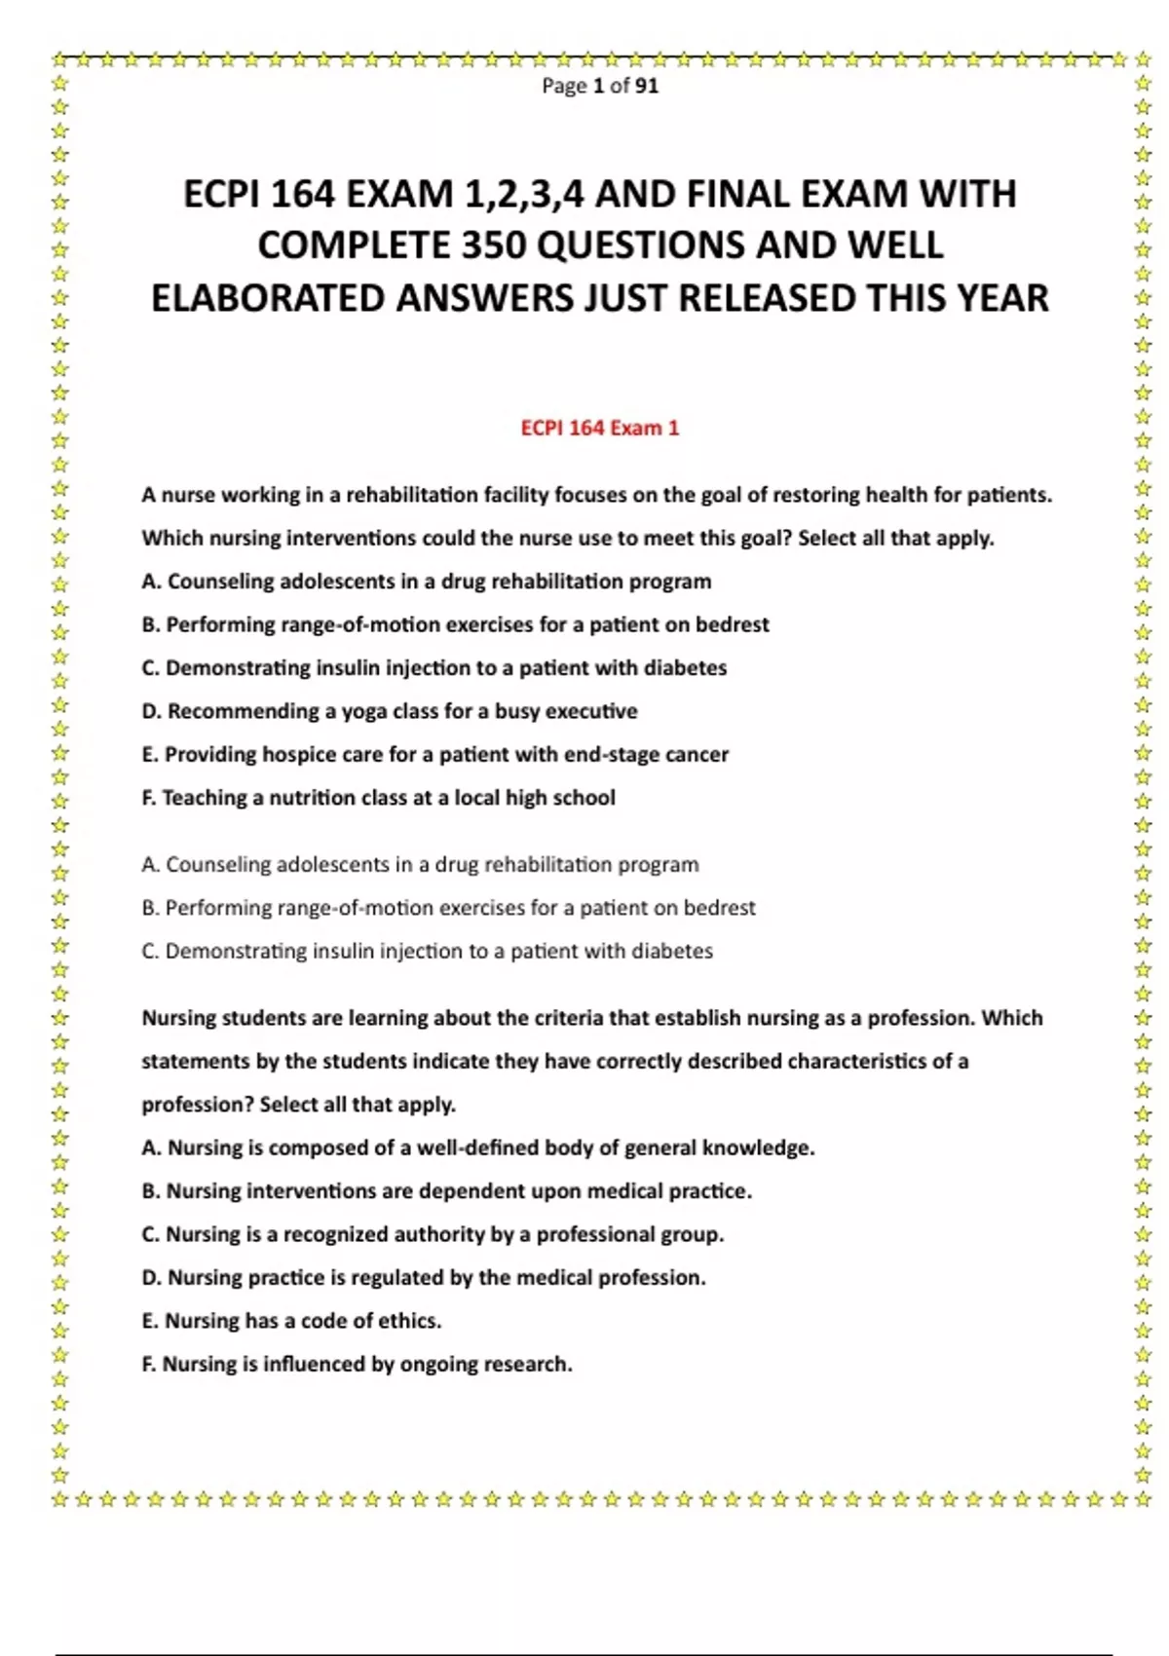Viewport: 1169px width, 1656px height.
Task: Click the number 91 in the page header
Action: [647, 86]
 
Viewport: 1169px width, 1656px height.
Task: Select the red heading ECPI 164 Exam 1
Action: [600, 428]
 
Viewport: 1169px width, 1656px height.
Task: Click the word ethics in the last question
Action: [410, 1321]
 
